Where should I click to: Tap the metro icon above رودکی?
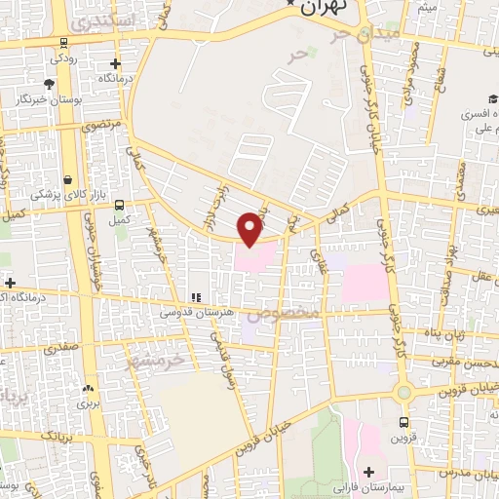pos(64,43)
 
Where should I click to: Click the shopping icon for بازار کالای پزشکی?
pos(67,180)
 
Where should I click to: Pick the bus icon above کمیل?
pos(119,205)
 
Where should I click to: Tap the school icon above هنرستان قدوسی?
pos(195,297)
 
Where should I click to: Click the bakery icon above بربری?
pos(89,387)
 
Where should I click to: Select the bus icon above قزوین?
pos(403,422)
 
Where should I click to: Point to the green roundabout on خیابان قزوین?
pos(403,392)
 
